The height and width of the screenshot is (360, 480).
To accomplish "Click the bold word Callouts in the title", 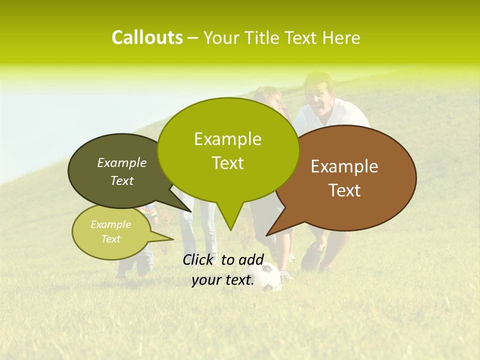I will [147, 37].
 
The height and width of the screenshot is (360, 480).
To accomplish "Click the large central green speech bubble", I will [228, 150].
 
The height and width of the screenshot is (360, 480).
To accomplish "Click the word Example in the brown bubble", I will [344, 166].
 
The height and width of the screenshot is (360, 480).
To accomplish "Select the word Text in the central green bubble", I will [228, 163].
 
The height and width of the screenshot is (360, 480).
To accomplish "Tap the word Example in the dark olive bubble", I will [121, 163].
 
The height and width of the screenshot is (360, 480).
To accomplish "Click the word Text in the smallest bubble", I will [111, 239].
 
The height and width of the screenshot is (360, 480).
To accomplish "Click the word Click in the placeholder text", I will [199, 259].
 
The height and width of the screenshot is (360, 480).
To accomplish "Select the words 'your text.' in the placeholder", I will [223, 280].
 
